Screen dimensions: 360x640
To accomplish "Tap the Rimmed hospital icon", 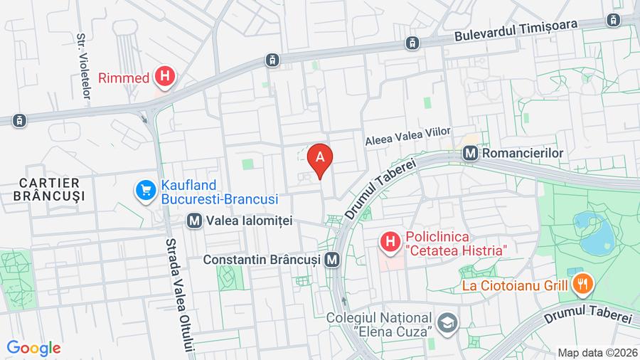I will point(165,76).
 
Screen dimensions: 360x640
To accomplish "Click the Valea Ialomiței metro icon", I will point(193,221).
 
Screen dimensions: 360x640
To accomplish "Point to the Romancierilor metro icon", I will point(469,153).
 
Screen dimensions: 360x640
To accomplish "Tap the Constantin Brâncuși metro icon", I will point(331,260).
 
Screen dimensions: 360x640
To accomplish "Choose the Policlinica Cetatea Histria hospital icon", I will point(390,243).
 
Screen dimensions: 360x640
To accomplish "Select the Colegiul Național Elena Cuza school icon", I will point(448,323).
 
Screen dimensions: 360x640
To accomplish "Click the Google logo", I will point(33,348).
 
